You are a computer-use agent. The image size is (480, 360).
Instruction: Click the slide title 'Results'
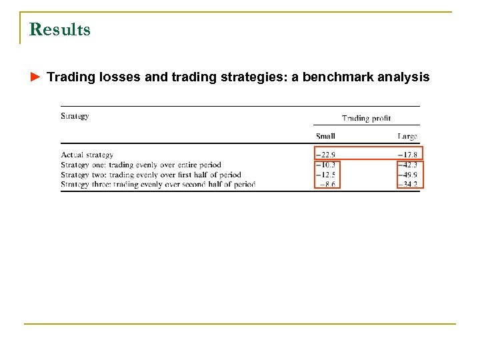point(60,30)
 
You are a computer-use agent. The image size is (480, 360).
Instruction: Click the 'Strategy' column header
point(75,116)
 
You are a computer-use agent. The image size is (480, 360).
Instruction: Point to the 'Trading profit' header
point(366,118)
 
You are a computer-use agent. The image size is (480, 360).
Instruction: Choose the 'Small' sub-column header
point(325,136)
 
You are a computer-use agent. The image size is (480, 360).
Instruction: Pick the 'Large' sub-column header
point(407,136)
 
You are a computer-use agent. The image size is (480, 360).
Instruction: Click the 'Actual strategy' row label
point(87,155)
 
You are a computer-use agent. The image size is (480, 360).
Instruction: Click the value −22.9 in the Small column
point(325,155)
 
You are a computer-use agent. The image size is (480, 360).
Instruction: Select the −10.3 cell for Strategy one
point(325,165)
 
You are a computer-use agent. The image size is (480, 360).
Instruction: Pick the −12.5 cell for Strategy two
point(325,174)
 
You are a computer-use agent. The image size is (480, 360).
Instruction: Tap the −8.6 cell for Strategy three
point(327,184)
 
